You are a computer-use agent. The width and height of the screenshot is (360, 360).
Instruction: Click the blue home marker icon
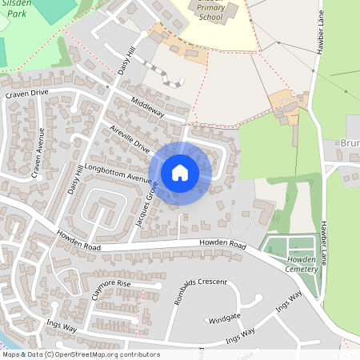(x=180, y=173)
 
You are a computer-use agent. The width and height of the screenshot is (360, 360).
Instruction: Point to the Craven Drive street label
(x=27, y=94)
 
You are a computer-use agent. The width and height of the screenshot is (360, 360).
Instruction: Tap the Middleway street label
(x=147, y=108)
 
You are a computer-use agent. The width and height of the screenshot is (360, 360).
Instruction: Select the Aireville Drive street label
(x=130, y=140)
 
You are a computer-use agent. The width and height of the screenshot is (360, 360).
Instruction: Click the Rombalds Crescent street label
(x=196, y=283)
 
